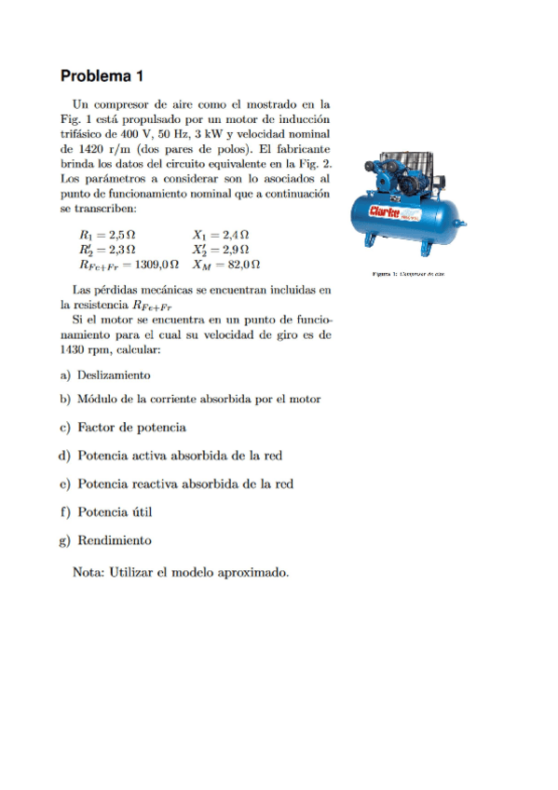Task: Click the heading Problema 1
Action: coord(102,75)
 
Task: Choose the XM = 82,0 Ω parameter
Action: coord(227,265)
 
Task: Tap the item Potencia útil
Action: coord(115,511)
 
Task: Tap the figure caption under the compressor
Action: coord(409,274)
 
